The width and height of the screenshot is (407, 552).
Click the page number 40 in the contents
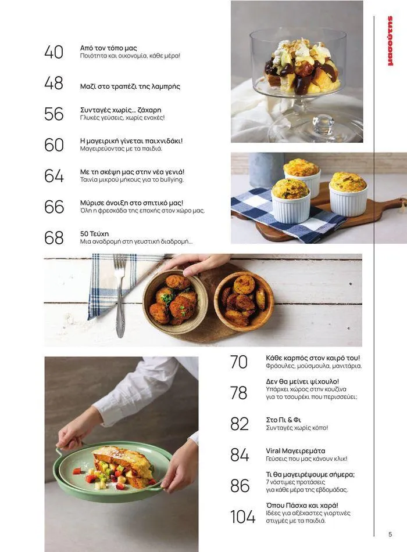point(53,52)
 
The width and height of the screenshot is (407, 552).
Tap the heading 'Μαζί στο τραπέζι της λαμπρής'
point(130,86)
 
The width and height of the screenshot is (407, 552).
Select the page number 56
point(53,114)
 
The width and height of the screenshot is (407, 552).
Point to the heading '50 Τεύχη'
point(94,234)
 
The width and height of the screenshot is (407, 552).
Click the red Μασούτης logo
point(390,41)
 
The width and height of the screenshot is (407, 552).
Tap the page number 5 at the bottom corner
point(390,535)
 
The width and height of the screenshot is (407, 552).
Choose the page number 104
point(242,517)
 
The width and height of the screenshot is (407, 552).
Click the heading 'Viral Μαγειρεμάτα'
point(295,451)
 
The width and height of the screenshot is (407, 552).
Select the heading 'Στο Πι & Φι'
point(283,420)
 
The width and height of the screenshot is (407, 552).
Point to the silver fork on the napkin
point(120,295)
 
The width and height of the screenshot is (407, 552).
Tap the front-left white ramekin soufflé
point(291,201)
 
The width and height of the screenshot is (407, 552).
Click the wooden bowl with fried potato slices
point(244,301)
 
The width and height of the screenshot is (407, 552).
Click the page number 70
point(239,362)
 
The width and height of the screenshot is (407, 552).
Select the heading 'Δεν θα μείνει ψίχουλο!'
point(302,381)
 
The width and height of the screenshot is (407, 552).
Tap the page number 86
point(240,486)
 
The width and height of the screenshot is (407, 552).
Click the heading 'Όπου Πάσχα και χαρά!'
point(302,506)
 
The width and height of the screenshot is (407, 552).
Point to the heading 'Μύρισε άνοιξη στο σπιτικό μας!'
point(131,203)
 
